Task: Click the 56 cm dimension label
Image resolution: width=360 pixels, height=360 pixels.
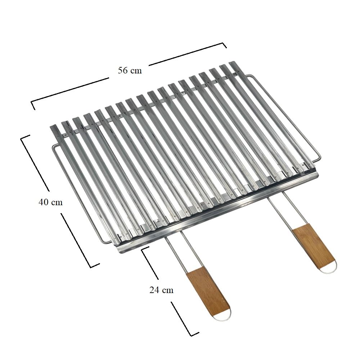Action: point(130,71)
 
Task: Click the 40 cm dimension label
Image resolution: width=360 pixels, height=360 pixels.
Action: point(50,202)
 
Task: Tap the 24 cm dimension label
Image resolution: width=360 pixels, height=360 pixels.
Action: point(161,290)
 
